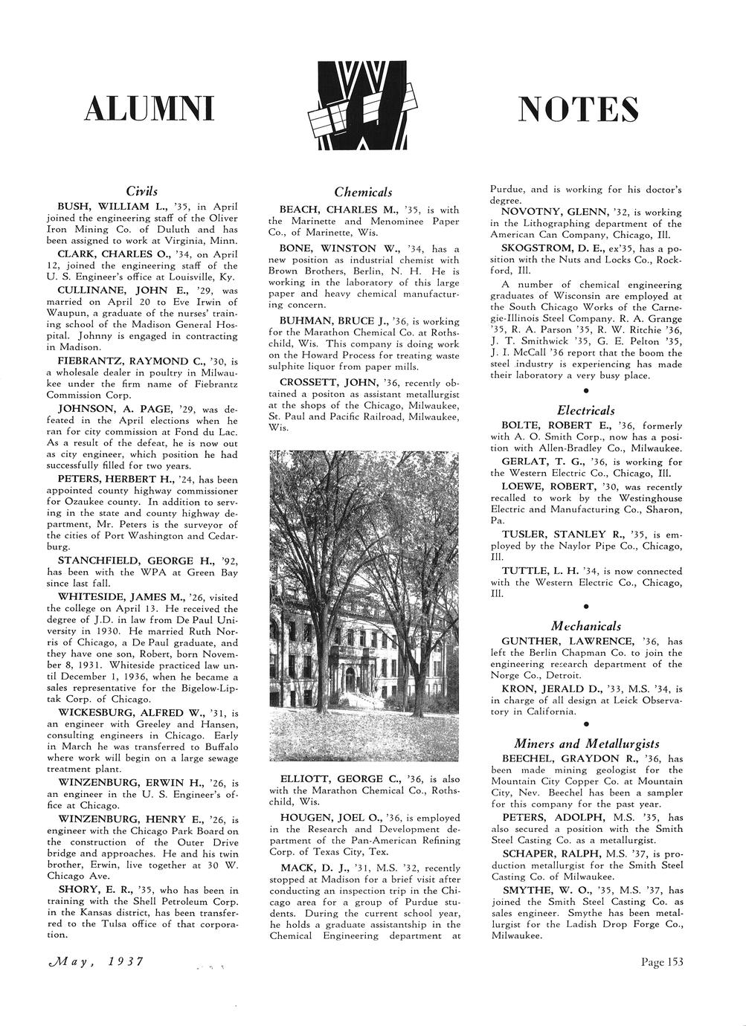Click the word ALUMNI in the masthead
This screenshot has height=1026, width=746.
point(149,109)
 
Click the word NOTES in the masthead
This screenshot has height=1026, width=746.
point(578,109)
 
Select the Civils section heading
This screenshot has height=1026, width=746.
point(141,191)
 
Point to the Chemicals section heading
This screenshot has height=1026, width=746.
point(363,193)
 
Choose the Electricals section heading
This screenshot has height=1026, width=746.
point(586,410)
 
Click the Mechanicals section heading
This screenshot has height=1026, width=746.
point(586,626)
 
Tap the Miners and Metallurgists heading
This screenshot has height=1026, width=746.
point(586,743)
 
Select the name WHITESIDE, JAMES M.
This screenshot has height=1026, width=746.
point(121,597)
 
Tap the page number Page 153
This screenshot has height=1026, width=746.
point(661,962)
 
